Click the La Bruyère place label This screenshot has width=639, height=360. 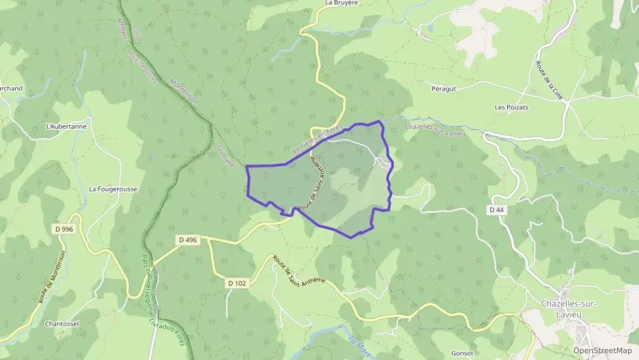[x=341, y=3]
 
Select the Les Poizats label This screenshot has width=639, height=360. [x=511, y=107]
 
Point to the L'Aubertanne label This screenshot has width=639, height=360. [x=66, y=126]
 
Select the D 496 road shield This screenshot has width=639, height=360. [x=187, y=240]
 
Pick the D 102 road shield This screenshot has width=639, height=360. [x=238, y=282]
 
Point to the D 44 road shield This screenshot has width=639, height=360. [x=496, y=210]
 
